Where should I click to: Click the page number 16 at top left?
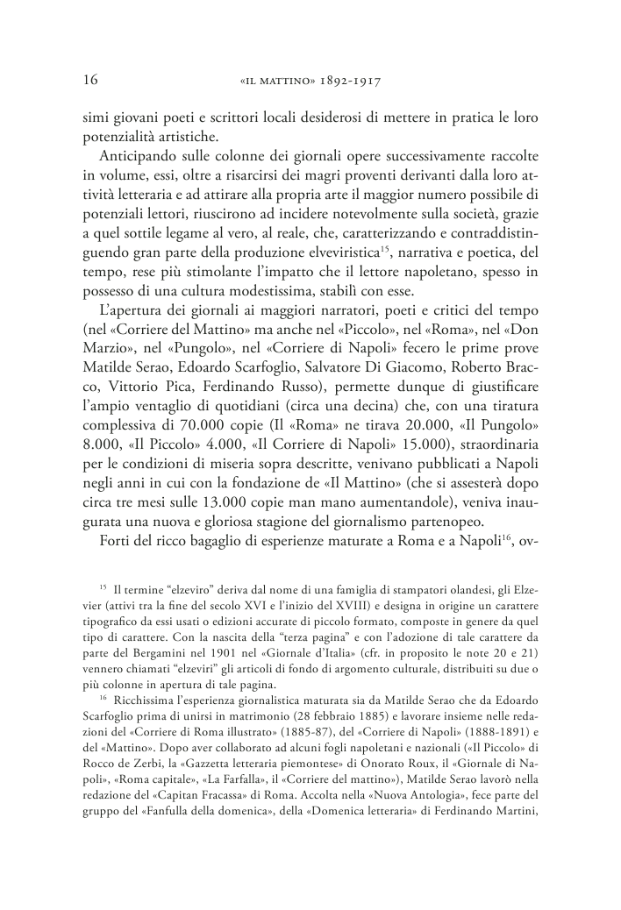pos(88,81)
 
